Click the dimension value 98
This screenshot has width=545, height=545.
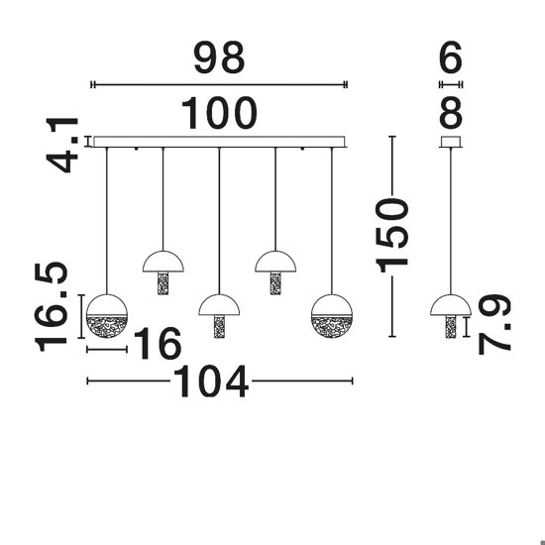click(x=219, y=57)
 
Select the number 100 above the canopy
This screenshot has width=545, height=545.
click(x=219, y=113)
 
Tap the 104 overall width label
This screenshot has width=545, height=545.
click(x=211, y=381)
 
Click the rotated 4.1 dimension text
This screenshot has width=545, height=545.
click(x=62, y=146)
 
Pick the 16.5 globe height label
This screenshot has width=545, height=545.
click(x=51, y=307)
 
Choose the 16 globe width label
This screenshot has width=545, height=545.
click(x=158, y=343)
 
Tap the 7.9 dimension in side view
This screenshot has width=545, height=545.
click(x=494, y=324)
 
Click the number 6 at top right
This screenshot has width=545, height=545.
click(x=451, y=57)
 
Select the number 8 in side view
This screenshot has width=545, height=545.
click(x=451, y=113)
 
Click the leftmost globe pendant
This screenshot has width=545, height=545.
click(x=107, y=316)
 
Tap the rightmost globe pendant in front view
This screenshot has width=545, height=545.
click(x=332, y=316)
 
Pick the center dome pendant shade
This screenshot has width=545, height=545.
click(x=219, y=306)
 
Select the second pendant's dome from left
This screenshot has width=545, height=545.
click(x=163, y=263)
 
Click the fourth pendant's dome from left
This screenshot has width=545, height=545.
click(x=275, y=263)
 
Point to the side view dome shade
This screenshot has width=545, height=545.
click(x=451, y=306)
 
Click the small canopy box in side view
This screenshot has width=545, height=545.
click(x=451, y=142)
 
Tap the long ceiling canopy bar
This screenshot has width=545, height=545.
click(x=219, y=142)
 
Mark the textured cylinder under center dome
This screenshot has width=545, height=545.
click(x=219, y=326)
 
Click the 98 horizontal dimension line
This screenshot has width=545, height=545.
click(x=219, y=84)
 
